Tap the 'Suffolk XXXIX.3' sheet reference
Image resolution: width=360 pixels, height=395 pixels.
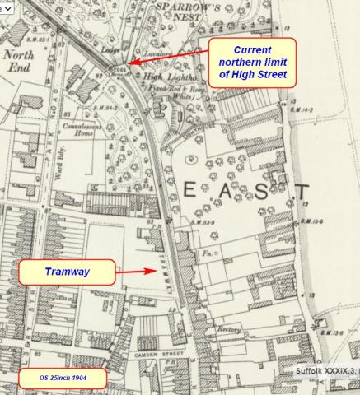(325, 371)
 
